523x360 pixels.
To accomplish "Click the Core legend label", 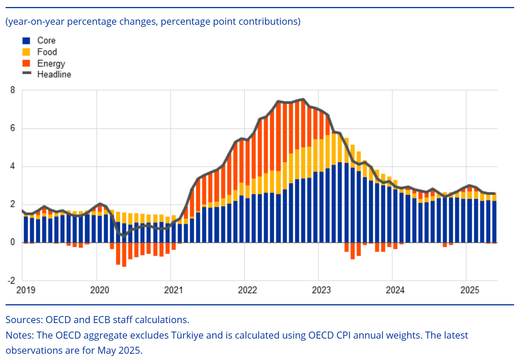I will pyautogui.click(x=46, y=41).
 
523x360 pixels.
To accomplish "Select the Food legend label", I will pyautogui.click(x=47, y=52).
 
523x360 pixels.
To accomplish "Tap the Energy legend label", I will pyautogui.click(x=51, y=64).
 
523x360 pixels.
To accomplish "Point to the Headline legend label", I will pyautogui.click(x=54, y=75).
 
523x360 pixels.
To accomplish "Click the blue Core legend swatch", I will pyautogui.click(x=26, y=41).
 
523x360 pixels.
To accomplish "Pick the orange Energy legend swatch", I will pyautogui.click(x=26, y=64).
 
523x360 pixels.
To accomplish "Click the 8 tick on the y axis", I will pyautogui.click(x=13, y=90).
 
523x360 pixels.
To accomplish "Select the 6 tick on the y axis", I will pyautogui.click(x=13, y=128).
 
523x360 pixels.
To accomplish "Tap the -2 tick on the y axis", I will pyautogui.click(x=12, y=281).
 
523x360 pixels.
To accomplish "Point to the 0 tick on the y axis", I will pyautogui.click(x=13, y=242).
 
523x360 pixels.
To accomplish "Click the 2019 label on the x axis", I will pyautogui.click(x=26, y=290).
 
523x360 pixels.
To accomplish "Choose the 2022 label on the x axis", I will pyautogui.click(x=247, y=290).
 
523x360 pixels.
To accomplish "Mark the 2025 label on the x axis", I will pyautogui.click(x=469, y=290).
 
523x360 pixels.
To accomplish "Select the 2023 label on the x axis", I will pyautogui.click(x=321, y=290).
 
